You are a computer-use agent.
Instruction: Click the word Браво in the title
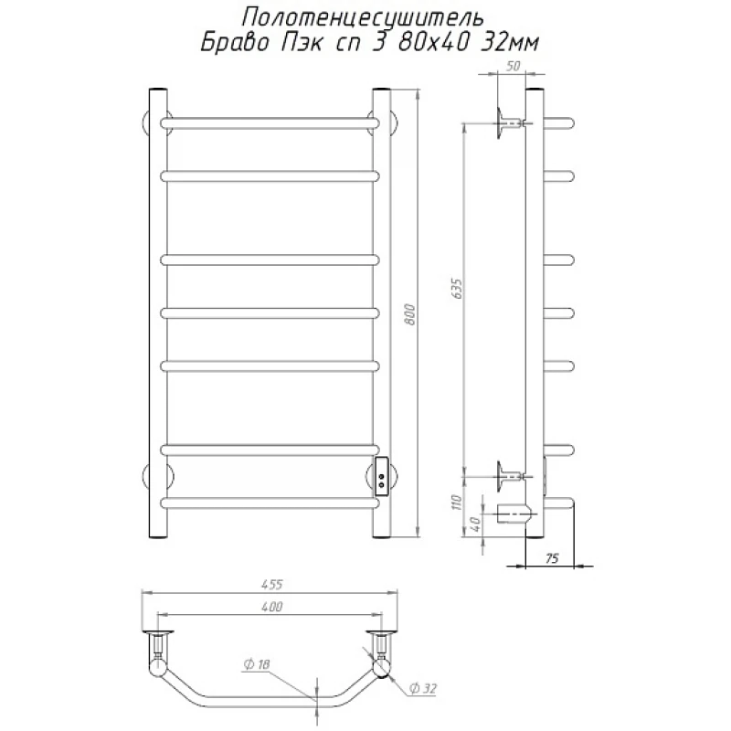point(236,43)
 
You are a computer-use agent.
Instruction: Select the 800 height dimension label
point(409,313)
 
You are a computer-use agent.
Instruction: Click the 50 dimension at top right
point(513,66)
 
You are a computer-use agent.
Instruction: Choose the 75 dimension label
point(552,558)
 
